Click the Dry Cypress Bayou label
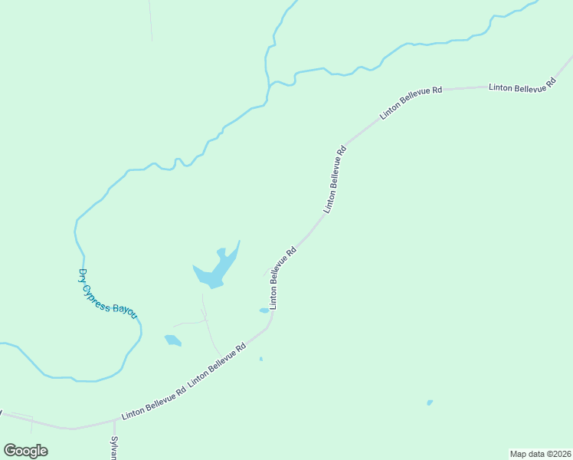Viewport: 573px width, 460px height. point(108,294)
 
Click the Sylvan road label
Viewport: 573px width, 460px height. point(113,448)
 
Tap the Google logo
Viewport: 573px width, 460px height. point(25,450)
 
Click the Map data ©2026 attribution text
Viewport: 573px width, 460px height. point(540,454)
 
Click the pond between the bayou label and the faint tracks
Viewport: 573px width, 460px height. point(172,340)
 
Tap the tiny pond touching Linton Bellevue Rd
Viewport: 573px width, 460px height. point(264,310)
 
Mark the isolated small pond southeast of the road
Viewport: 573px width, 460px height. point(430,402)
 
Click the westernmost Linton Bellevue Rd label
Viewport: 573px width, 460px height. point(153,402)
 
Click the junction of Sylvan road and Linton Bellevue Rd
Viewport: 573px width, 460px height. point(114,421)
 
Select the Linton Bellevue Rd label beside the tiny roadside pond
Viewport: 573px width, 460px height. point(282,277)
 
